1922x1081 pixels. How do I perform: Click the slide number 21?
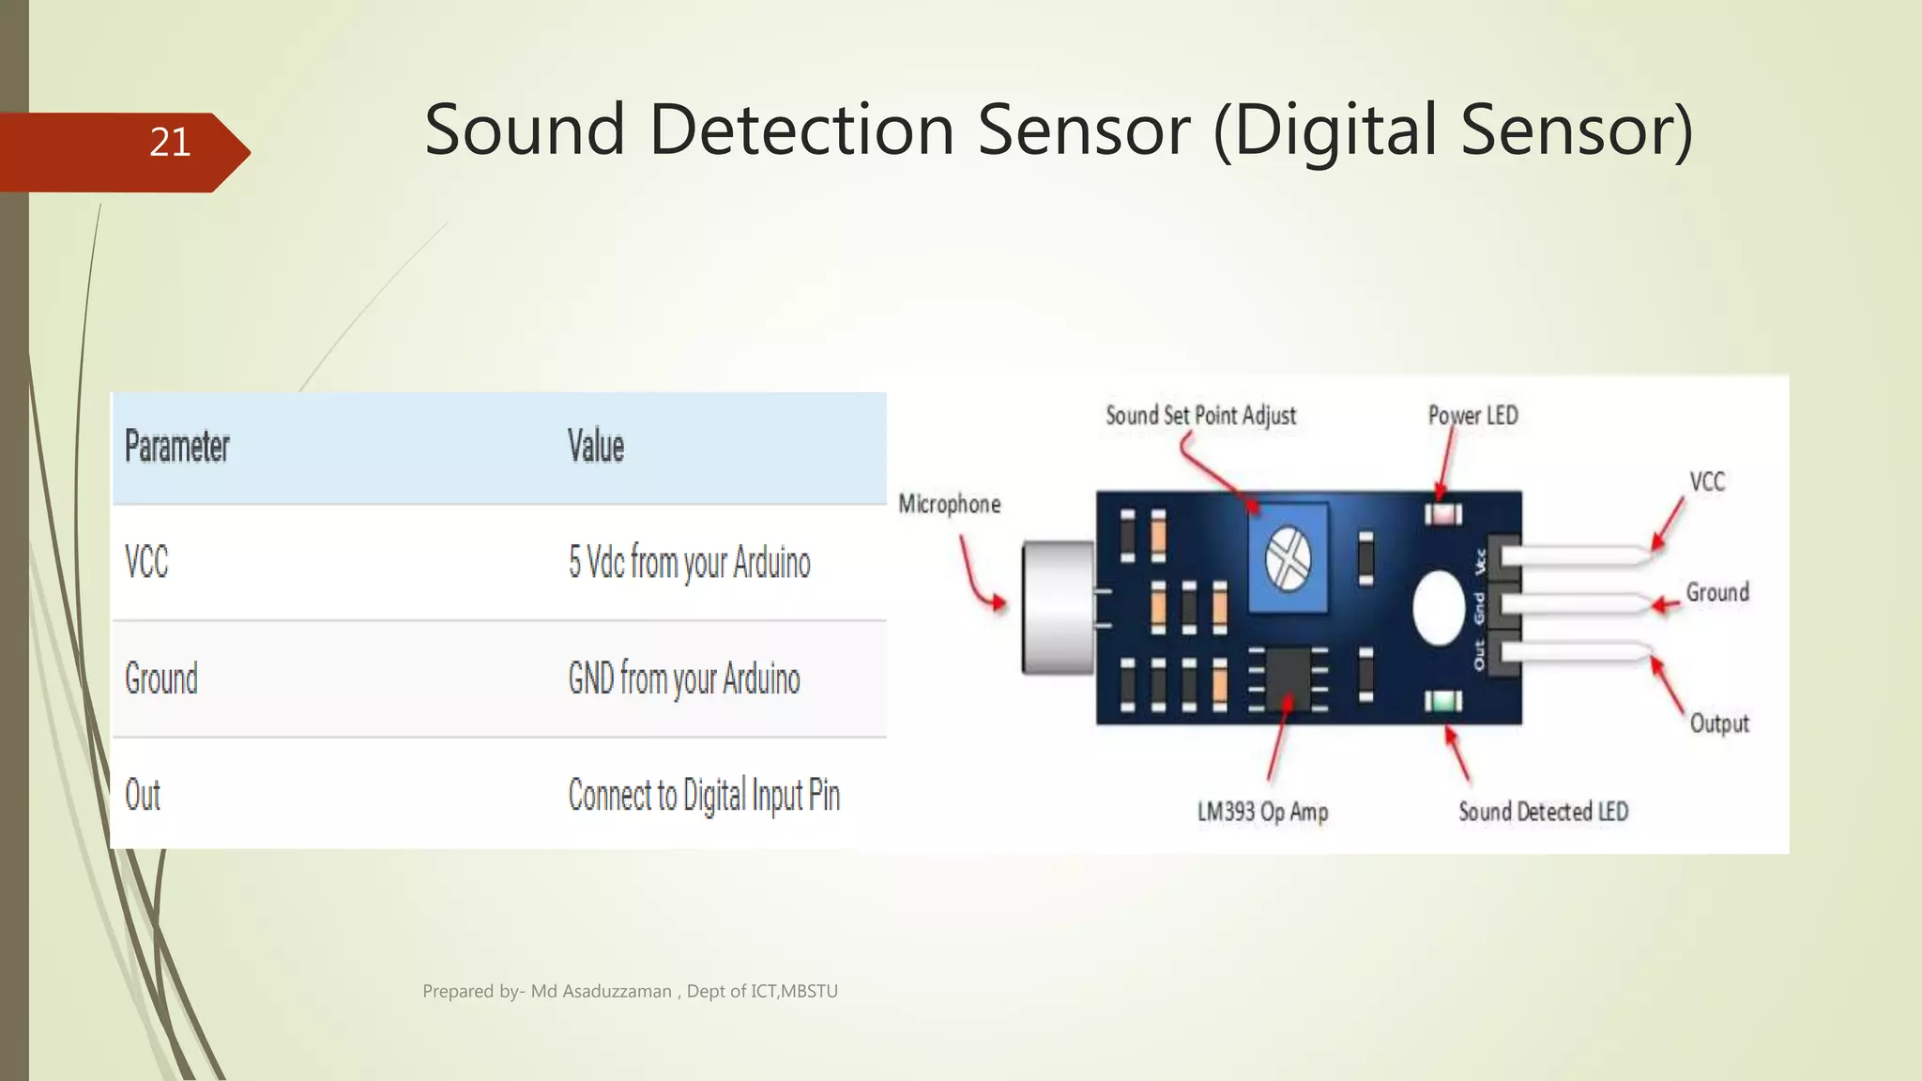coord(170,143)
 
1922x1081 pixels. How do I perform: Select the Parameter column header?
coord(177,447)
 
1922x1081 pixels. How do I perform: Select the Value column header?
coord(596,447)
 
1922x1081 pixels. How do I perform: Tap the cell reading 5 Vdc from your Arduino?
coord(689,563)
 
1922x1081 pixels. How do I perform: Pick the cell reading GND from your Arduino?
coord(684,679)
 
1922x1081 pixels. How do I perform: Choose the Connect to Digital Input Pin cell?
coord(704,796)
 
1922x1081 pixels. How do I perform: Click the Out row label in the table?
coord(143,796)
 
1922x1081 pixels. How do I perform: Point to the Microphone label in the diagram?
coord(949,505)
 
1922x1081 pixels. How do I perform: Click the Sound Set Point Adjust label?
coord(1200,416)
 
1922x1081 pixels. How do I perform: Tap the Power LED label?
coord(1472,416)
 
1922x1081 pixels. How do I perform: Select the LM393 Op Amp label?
coord(1262,812)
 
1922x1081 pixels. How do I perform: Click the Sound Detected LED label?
coord(1543,812)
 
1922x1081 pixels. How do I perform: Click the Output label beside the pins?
coord(1719,723)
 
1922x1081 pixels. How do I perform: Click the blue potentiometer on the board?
coord(1288,558)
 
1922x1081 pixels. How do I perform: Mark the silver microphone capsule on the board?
coord(1059,607)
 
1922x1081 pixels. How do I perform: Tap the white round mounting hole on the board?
coord(1439,608)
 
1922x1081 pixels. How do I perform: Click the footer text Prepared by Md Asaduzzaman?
coord(630,991)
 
